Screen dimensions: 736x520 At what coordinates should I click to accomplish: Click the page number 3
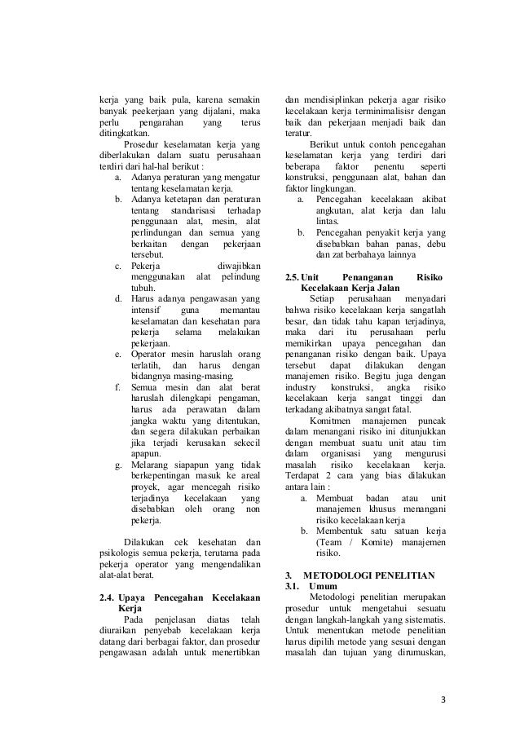pos(442,699)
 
